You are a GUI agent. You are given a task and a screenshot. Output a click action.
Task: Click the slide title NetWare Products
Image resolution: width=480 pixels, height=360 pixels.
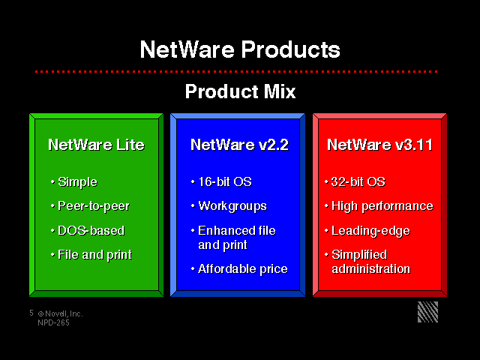pyautogui.click(x=240, y=49)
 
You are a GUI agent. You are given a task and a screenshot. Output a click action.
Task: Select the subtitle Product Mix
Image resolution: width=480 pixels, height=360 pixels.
pyautogui.click(x=240, y=91)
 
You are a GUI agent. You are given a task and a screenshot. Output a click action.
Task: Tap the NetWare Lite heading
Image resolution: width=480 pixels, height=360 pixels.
pyautogui.click(x=96, y=145)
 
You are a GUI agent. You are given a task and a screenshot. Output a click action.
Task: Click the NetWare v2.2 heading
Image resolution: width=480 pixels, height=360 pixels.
pyautogui.click(x=239, y=145)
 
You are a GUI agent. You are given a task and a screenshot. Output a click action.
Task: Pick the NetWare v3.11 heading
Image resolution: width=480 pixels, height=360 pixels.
pyautogui.click(x=380, y=145)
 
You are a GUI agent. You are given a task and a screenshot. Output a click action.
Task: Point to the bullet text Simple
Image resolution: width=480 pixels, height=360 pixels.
pyautogui.click(x=77, y=182)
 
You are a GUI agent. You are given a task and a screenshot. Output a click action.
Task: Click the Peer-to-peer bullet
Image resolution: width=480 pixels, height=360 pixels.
pyautogui.click(x=94, y=206)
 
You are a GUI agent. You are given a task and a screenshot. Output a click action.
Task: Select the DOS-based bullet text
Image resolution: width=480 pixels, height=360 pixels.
pyautogui.click(x=91, y=230)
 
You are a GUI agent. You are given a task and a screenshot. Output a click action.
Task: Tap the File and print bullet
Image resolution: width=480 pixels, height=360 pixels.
pyautogui.click(x=95, y=255)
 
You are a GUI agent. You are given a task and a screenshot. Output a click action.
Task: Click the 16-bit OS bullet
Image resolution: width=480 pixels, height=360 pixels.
pyautogui.click(x=225, y=181)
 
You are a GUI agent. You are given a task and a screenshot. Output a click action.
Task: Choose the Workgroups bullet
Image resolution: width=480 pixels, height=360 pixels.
pyautogui.click(x=232, y=206)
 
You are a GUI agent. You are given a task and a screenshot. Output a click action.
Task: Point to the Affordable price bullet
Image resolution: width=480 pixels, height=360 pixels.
pyautogui.click(x=243, y=269)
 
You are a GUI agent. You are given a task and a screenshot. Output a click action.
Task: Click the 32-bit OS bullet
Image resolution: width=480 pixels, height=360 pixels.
pyautogui.click(x=358, y=181)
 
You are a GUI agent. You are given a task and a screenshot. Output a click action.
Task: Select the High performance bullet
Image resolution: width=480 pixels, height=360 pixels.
pyautogui.click(x=382, y=206)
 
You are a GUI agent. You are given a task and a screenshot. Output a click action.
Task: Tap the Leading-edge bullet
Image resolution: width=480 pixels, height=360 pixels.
pyautogui.click(x=370, y=231)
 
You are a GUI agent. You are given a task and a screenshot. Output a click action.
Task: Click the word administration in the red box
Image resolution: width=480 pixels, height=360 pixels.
pyautogui.click(x=371, y=269)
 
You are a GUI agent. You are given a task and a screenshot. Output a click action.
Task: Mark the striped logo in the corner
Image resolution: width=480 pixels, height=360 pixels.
pyautogui.click(x=428, y=312)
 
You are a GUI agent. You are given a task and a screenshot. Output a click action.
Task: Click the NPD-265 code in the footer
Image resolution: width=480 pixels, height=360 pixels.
pyautogui.click(x=53, y=322)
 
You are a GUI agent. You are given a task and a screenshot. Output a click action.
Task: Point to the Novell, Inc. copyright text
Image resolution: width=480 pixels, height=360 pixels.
pyautogui.click(x=60, y=313)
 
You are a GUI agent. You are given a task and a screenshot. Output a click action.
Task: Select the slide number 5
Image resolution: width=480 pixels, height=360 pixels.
pyautogui.click(x=31, y=313)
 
